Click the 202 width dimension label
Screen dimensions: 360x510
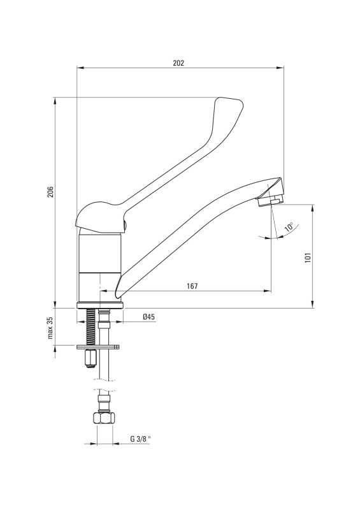[178, 63]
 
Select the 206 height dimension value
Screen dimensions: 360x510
[50, 192]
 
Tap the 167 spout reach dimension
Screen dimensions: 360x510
[192, 286]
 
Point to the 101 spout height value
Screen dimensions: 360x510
[308, 258]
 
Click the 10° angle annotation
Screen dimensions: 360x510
[289, 227]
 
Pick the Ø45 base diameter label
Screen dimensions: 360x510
[148, 316]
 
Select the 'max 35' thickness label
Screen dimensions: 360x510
[50, 328]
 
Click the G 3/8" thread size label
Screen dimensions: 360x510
[140, 439]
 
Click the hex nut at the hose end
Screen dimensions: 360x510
[104, 418]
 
